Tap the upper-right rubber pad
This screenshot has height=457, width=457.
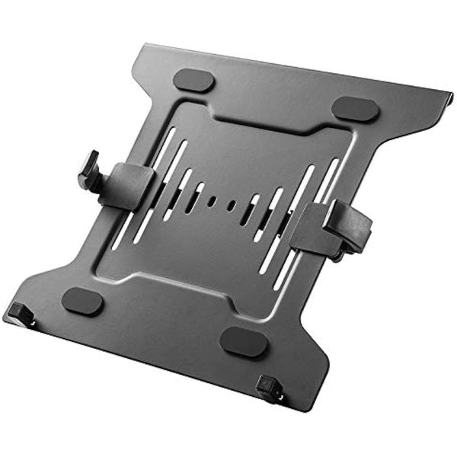[x=355, y=108]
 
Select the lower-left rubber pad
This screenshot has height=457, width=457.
[x=82, y=301]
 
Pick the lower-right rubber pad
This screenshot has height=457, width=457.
[x=244, y=343]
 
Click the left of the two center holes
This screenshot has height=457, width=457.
[x=213, y=201]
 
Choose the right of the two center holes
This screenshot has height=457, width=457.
[x=231, y=206]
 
